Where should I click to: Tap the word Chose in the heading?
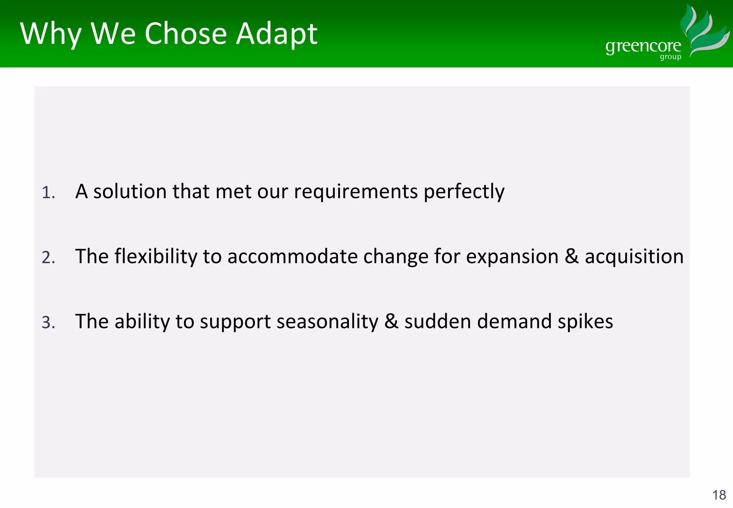pos(186,34)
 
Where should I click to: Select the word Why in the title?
pos(51,34)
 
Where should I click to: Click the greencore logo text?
pos(643,47)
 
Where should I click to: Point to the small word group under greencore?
pos(670,57)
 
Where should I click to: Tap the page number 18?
pos(719,495)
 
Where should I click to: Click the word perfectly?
pos(464,192)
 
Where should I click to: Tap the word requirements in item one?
pos(356,192)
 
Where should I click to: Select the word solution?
pos(130,192)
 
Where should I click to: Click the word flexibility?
pos(156,257)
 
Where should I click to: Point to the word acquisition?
pos(634,257)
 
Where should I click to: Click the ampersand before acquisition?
pos(572,257)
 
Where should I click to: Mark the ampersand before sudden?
pos(391,321)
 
